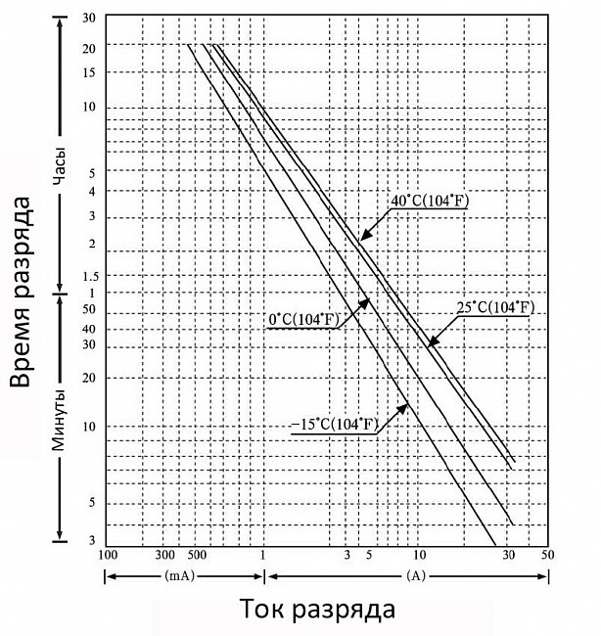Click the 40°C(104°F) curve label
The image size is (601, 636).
[x=430, y=201]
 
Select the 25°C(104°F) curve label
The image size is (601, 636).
[x=495, y=308]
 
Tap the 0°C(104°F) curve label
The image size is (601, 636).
[x=303, y=320]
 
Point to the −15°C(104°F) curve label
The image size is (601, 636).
[x=335, y=425]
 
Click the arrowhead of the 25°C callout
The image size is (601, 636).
[x=434, y=341]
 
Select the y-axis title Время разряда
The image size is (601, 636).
[x=20, y=292]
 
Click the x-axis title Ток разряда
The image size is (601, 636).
[x=317, y=610]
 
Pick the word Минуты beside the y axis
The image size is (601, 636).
[x=60, y=420]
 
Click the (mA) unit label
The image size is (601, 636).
[x=179, y=575]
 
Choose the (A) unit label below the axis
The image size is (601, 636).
[x=416, y=575]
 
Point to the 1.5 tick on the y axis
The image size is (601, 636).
[x=90, y=277]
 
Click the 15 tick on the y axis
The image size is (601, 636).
[x=89, y=73]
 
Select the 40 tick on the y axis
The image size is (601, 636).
[x=89, y=329]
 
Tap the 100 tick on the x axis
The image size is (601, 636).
[x=108, y=555]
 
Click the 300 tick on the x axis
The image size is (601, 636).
[x=164, y=555]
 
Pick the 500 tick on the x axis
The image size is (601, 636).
[x=197, y=555]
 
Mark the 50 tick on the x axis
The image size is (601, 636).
[x=547, y=555]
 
